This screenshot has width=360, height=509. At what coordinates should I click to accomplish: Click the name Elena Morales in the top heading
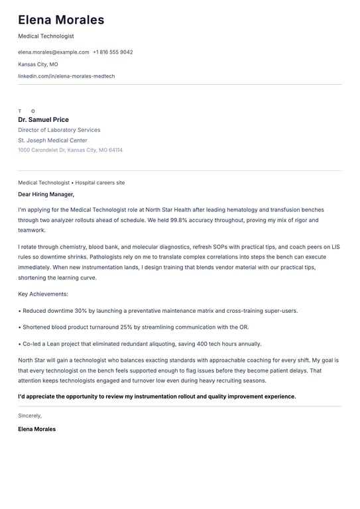(61, 20)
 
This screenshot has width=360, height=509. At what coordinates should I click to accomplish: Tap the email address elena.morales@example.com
(53, 52)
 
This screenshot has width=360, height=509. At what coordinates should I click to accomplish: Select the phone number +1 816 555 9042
(113, 52)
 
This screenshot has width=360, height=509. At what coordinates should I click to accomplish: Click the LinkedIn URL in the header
(66, 76)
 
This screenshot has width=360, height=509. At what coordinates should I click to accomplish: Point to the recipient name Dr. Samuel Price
(43, 120)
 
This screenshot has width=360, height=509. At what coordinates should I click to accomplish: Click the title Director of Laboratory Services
(59, 130)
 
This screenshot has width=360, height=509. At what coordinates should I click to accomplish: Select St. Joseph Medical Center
(52, 141)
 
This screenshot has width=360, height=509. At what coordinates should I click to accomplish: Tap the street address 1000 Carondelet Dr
(42, 150)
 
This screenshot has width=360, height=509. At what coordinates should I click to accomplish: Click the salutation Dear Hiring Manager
(46, 194)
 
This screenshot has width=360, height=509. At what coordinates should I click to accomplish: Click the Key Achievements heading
(43, 294)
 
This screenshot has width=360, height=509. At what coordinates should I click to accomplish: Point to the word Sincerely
(30, 416)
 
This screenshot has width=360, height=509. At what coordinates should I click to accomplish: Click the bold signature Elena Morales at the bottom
(36, 429)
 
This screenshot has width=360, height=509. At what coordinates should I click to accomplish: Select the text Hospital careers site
(100, 182)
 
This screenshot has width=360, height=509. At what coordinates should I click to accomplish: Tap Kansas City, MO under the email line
(38, 64)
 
